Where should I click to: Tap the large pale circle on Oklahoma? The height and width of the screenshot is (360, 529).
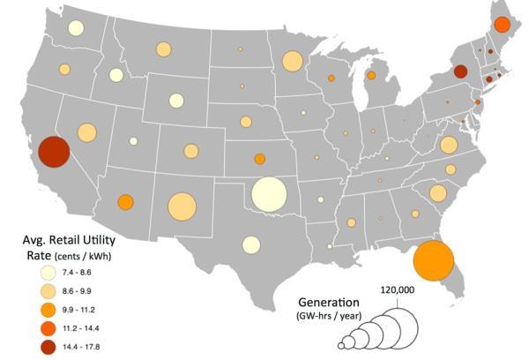click(x=269, y=194)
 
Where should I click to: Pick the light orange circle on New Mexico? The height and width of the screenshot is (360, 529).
click(x=182, y=206)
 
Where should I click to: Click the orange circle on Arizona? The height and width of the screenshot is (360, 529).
click(x=125, y=202)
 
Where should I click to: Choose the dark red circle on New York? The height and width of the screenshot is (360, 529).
click(x=459, y=71)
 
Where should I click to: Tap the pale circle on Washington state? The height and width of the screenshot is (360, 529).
click(x=76, y=28)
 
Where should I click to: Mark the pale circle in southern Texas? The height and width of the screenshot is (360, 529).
click(x=251, y=244)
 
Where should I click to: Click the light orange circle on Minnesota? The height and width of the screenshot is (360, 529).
click(x=291, y=61)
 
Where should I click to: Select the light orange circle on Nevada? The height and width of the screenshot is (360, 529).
click(x=86, y=132)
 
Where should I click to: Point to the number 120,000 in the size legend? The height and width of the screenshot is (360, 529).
click(x=398, y=289)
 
